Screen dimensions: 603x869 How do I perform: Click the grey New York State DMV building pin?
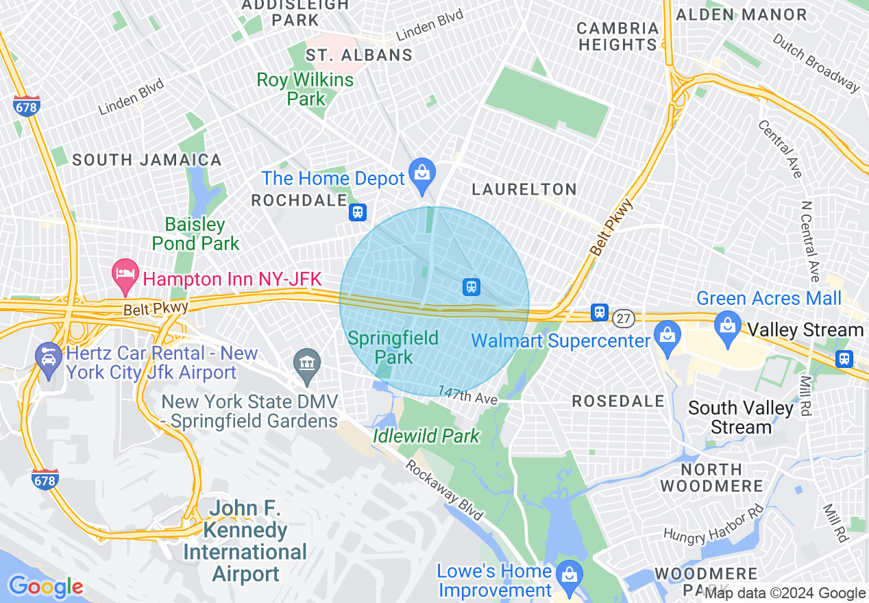306,362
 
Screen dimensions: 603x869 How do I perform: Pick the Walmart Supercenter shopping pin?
665,336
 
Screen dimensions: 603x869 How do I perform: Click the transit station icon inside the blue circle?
471,286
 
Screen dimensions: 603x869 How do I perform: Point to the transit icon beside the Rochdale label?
357,212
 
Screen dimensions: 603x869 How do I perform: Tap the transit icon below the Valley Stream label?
844,358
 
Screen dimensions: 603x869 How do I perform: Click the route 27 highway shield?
623,317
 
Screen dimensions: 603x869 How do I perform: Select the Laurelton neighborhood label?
524,189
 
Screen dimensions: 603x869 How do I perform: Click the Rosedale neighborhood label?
618,401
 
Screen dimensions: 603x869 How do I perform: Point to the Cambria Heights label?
617,36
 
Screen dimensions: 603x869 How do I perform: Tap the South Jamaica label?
147,160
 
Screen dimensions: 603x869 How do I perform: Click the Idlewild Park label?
426,436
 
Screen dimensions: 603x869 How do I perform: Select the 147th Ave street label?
471,397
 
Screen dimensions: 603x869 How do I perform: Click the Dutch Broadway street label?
815,62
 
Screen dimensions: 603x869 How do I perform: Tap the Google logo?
45,587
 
